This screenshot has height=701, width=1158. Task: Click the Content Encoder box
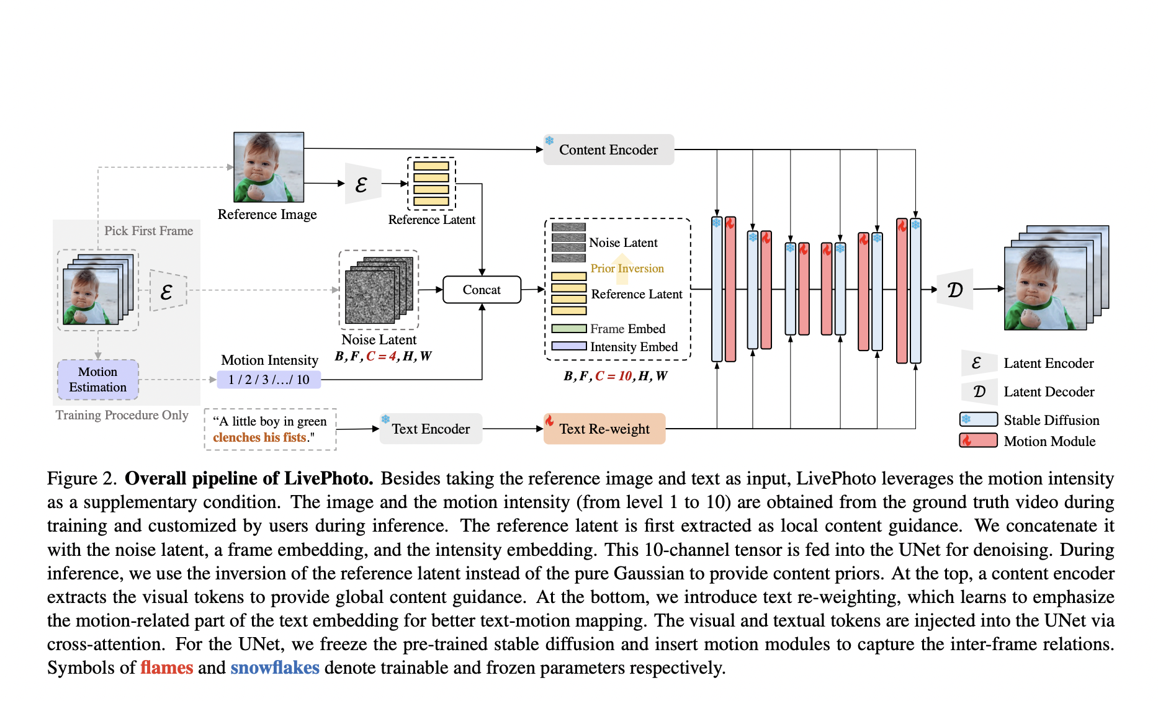tap(608, 150)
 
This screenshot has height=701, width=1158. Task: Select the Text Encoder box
tap(431, 429)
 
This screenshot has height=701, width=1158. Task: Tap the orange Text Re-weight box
tap(604, 429)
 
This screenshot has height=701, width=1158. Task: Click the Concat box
tap(482, 290)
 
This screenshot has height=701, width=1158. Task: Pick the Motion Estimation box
tap(98, 380)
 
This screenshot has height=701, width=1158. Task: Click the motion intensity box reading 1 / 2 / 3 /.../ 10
tap(269, 380)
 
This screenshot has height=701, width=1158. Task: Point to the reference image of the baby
tap(269, 167)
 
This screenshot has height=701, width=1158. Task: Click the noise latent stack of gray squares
tap(379, 290)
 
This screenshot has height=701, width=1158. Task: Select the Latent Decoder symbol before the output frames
tap(955, 289)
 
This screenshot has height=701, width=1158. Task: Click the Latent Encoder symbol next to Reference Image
tap(362, 184)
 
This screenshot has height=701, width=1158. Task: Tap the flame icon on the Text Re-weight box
tap(549, 421)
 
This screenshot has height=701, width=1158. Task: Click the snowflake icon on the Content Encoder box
tap(549, 141)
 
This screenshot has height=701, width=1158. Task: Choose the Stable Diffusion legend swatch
tap(979, 419)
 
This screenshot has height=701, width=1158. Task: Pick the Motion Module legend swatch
tap(979, 440)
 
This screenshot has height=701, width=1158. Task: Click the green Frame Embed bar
tap(568, 329)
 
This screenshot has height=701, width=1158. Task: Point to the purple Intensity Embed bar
tap(568, 346)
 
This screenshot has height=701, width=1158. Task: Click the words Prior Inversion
tap(627, 268)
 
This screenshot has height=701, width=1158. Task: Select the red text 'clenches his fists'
tap(259, 437)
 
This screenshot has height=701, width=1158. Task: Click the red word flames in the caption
tap(166, 668)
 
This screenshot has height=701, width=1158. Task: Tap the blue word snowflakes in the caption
tap(275, 668)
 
